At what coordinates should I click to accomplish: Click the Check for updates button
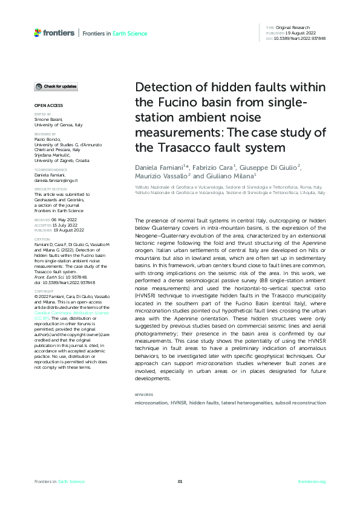(56, 86)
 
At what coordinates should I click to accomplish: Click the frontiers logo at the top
(54, 33)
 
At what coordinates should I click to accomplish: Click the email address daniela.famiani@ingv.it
(56, 181)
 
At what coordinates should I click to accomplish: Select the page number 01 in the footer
(180, 482)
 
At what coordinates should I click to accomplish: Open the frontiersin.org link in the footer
(312, 482)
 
